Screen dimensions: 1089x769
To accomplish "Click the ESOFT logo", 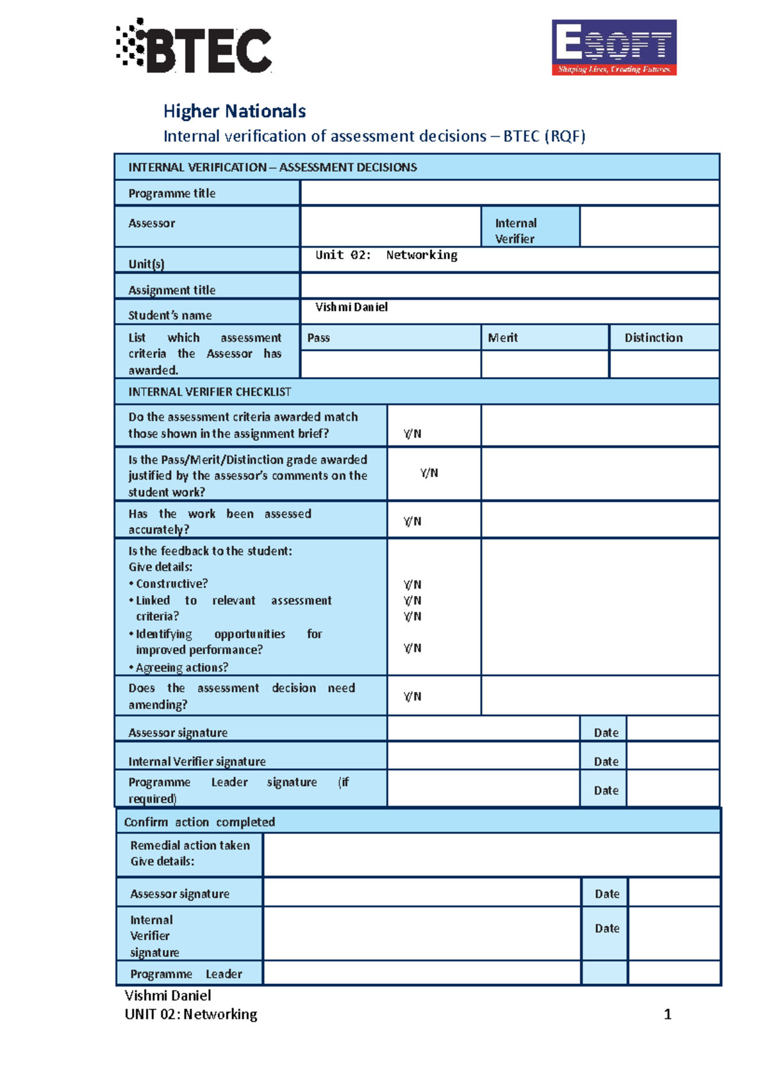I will [614, 47].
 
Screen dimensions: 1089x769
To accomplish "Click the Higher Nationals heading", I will [235, 111].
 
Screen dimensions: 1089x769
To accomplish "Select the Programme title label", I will [172, 193].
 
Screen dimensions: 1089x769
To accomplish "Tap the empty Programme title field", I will [509, 193].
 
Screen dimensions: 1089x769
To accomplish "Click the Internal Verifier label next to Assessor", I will [516, 230].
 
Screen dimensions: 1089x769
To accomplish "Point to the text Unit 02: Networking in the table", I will [386, 255].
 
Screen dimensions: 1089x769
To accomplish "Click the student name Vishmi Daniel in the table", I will [351, 307].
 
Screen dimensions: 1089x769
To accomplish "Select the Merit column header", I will [503, 337].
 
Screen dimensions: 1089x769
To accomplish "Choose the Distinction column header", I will [654, 337].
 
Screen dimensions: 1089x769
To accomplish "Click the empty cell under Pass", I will [390, 364].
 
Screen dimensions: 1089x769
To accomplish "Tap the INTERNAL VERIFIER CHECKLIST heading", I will [210, 392].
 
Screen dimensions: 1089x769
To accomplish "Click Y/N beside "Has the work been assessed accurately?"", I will [413, 521].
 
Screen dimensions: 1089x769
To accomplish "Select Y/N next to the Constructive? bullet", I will [413, 584].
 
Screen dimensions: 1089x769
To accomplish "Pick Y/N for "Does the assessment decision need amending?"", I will [413, 696].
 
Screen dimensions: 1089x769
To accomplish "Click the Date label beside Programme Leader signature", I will [606, 790].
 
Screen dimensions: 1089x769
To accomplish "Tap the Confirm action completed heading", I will [199, 822].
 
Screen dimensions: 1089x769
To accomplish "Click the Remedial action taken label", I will [190, 846].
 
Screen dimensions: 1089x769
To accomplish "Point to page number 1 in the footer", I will [667, 1014].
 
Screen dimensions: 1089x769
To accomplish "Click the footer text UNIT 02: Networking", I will [191, 1014].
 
